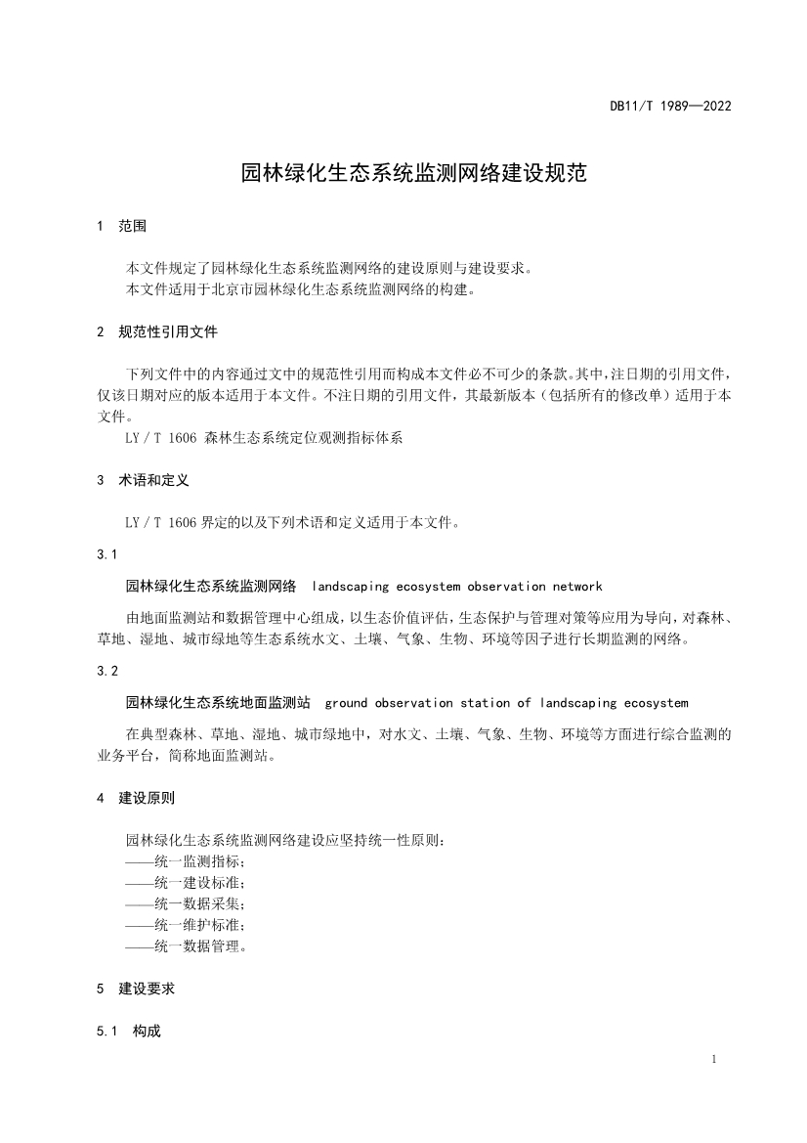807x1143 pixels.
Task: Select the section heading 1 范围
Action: tap(122, 226)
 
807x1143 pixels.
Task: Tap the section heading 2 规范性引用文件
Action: tap(157, 332)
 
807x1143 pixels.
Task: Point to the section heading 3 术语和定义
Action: tap(144, 481)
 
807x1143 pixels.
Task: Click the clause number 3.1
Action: tap(107, 554)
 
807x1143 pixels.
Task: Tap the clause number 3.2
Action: tap(107, 671)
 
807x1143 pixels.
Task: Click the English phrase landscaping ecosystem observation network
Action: tap(457, 587)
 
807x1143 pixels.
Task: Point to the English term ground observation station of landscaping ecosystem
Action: tap(506, 703)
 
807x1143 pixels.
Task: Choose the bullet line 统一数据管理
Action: tap(186, 945)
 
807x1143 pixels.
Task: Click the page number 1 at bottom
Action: tap(715, 1060)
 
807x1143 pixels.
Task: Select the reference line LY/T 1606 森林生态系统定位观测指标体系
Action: tap(264, 439)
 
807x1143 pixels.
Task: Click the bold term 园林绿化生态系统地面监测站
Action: tap(218, 703)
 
